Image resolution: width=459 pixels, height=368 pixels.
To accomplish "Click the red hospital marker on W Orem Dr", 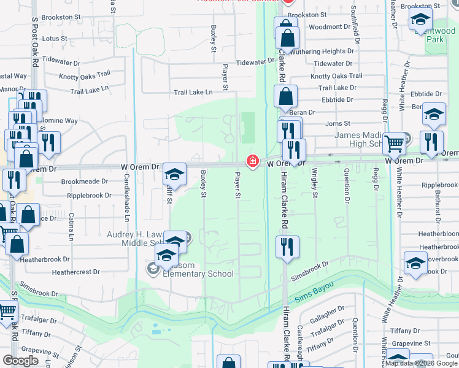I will pyautogui.click(x=252, y=161).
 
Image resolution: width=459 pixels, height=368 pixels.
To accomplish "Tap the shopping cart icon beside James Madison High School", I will pyautogui.click(x=395, y=143).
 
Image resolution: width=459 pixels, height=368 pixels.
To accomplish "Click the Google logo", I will pyautogui.click(x=21, y=361).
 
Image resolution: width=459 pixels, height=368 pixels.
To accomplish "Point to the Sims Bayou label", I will pyautogui.click(x=313, y=292).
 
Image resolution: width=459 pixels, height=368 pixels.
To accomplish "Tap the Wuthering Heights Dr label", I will pyautogui.click(x=326, y=52).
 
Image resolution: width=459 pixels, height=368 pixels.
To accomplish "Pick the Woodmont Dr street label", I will pyautogui.click(x=326, y=27).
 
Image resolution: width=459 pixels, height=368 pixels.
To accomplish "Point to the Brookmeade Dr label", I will pyautogui.click(x=84, y=182).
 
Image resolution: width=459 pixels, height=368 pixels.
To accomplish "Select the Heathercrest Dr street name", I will pyautogui.click(x=75, y=272).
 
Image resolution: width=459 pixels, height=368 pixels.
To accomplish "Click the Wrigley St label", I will pyautogui.click(x=315, y=183).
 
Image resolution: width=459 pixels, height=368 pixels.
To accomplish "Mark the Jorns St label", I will pyautogui.click(x=337, y=124).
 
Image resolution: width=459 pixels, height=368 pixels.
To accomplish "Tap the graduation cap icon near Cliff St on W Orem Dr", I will pyautogui.click(x=174, y=175).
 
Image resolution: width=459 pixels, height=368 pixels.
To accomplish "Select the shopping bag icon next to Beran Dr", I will pyautogui.click(x=285, y=97).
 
